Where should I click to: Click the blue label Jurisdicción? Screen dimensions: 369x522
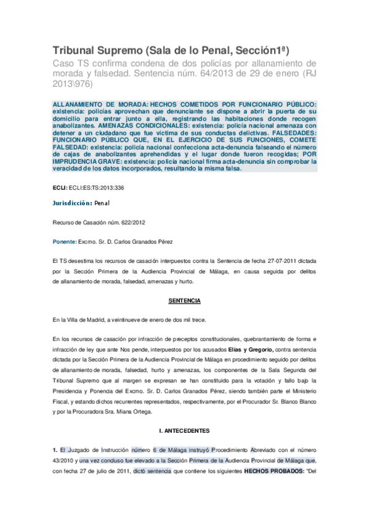[73, 203]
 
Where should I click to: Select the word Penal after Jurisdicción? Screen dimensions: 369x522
[102, 203]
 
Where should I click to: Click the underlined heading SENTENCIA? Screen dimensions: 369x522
[184, 301]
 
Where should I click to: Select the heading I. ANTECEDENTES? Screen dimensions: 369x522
[184, 430]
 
